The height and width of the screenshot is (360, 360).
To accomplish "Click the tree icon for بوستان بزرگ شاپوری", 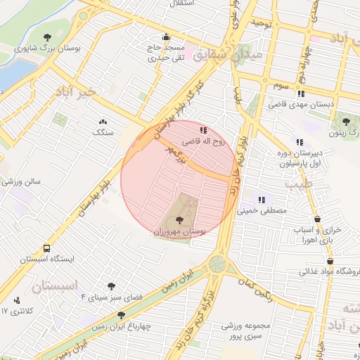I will pyautogui.click(x=48, y=37).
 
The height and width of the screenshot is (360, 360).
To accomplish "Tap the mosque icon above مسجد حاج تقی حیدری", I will pyautogui.click(x=166, y=37).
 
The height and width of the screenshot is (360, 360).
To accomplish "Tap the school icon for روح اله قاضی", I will pyautogui.click(x=204, y=130).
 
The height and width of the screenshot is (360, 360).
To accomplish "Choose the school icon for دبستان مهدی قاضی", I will pyautogui.click(x=302, y=94).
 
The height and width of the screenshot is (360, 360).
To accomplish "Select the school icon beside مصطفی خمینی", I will pyautogui.click(x=262, y=200).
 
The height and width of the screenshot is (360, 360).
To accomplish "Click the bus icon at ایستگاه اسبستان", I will pyautogui.click(x=46, y=248).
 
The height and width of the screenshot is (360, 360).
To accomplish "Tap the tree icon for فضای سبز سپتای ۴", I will pyautogui.click(x=111, y=286).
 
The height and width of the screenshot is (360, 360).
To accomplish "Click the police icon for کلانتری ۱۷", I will pyautogui.click(x=17, y=301).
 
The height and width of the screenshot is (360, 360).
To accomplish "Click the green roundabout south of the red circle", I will pyautogui.click(x=217, y=265).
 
